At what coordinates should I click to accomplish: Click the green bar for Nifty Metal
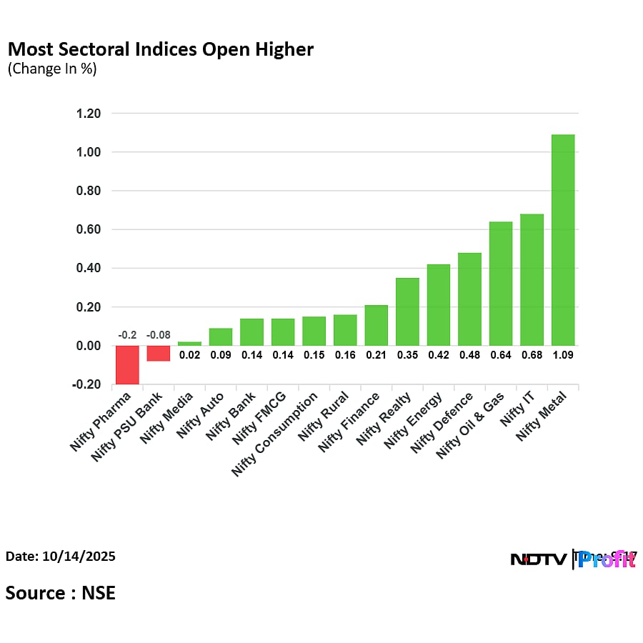point(562,240)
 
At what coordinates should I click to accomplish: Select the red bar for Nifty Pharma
point(127,364)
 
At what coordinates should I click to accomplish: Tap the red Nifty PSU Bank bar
point(158,354)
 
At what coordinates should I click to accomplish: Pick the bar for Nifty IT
point(532,279)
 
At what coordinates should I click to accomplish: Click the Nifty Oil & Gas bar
point(500,284)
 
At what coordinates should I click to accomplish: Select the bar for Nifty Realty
point(407,311)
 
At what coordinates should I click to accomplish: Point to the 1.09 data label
point(563,354)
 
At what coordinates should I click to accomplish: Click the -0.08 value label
point(158,335)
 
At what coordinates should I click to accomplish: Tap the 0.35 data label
point(407,354)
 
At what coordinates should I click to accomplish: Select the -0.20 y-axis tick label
point(86,384)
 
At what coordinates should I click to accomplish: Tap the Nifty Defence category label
point(442,424)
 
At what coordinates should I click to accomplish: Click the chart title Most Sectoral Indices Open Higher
point(160,49)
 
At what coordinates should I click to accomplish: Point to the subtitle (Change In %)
point(51,69)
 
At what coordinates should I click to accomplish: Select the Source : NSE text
point(61,592)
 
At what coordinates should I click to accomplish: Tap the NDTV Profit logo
point(573,559)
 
